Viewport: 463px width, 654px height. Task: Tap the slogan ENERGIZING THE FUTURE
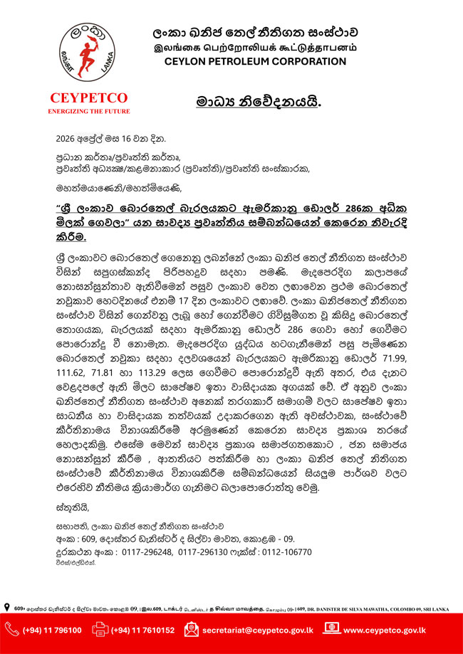click(89, 112)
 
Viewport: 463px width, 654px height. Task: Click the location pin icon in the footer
click(7, 606)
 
